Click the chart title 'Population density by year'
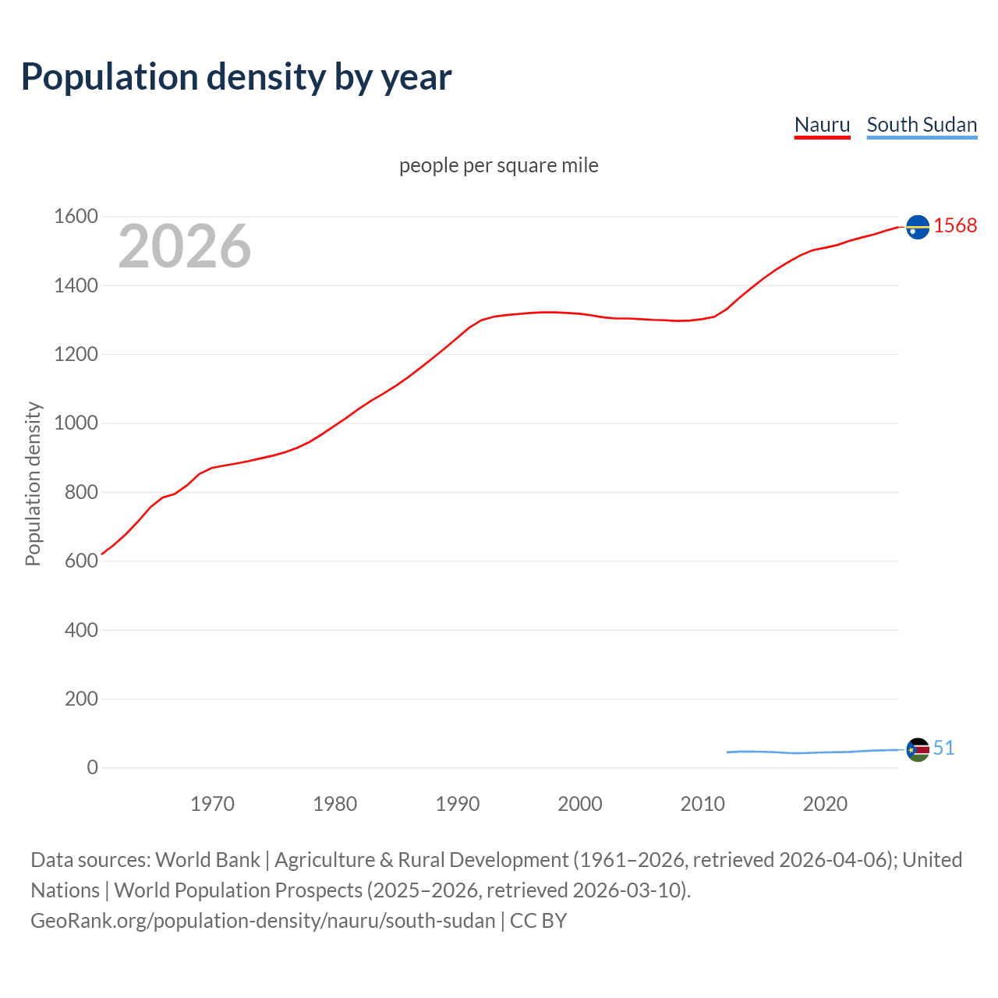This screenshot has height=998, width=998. [x=236, y=76]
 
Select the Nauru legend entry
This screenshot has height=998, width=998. [x=822, y=125]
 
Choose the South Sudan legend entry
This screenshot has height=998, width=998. [x=922, y=125]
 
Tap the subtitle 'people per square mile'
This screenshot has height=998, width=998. [x=498, y=165]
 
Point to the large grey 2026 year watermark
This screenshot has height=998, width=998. [x=185, y=246]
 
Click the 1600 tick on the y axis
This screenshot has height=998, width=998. [x=76, y=217]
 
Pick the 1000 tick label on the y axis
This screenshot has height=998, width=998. [x=76, y=423]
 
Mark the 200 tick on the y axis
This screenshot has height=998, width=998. [x=81, y=699]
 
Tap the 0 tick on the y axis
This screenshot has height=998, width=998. [x=92, y=767]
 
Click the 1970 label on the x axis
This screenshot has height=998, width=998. [x=212, y=804]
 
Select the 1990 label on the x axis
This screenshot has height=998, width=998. [x=458, y=804]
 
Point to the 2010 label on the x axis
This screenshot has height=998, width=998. [x=702, y=804]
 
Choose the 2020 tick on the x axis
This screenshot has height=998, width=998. [x=825, y=804]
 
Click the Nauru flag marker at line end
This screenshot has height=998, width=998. [x=918, y=227]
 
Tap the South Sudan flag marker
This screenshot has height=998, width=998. [x=918, y=749]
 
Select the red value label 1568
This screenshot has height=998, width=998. [x=955, y=225]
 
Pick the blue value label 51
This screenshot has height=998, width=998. [x=943, y=748]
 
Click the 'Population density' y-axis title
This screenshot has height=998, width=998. [x=33, y=483]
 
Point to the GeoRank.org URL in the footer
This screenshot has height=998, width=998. [x=263, y=921]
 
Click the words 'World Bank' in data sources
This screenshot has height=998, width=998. [x=207, y=860]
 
